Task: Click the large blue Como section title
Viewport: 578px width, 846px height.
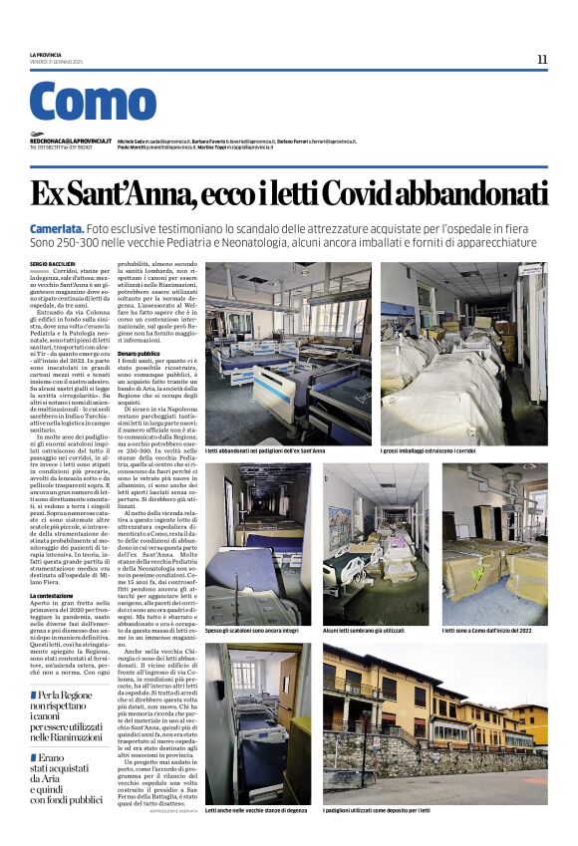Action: (93, 102)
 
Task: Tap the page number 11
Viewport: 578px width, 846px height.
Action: (542, 59)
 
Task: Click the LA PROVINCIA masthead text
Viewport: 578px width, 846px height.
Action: (46, 54)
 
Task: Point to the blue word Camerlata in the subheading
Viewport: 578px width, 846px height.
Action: (56, 228)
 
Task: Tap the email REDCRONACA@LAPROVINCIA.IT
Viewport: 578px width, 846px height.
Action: (71, 141)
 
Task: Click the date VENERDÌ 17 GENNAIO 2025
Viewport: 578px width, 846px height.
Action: (57, 61)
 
